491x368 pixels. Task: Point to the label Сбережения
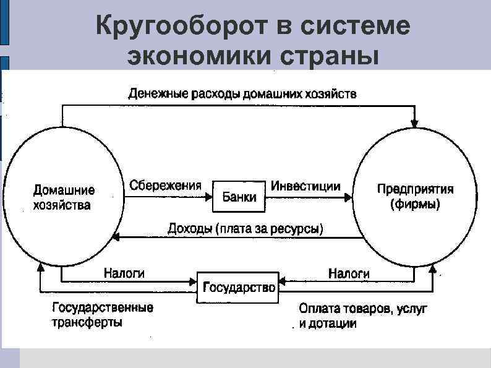point(166,185)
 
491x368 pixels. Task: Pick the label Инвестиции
point(306,185)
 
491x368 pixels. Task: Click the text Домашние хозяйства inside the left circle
point(63,197)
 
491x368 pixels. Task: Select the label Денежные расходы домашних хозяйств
point(242,95)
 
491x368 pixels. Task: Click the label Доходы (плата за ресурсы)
point(245,229)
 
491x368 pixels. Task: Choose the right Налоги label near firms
point(349,273)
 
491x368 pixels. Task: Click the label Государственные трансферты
point(103,315)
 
